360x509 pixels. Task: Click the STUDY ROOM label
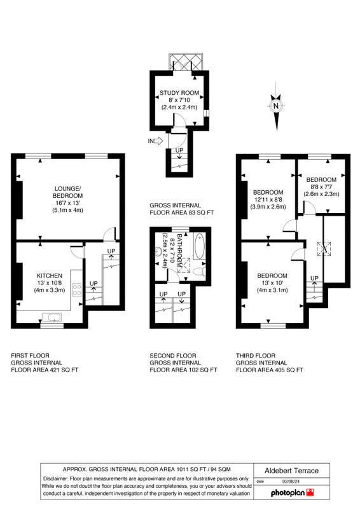179,93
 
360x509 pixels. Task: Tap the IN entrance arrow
158,141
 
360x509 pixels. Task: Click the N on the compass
276,106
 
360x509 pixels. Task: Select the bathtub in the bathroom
199,246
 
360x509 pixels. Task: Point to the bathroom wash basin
159,251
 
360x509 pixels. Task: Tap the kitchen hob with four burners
76,289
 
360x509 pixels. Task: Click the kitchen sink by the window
52,317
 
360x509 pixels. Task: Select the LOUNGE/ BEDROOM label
68,192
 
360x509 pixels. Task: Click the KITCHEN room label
50,275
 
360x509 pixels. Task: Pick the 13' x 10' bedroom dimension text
272,283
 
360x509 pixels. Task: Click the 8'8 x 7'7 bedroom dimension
321,187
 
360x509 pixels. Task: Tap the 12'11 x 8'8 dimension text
268,200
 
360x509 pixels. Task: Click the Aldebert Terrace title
291,471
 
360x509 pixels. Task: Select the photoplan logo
293,492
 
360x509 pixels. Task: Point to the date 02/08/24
290,482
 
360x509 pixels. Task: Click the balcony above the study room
186,62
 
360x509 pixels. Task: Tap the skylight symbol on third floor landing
324,249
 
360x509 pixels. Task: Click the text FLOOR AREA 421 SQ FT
45,370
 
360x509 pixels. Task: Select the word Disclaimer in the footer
55,478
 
